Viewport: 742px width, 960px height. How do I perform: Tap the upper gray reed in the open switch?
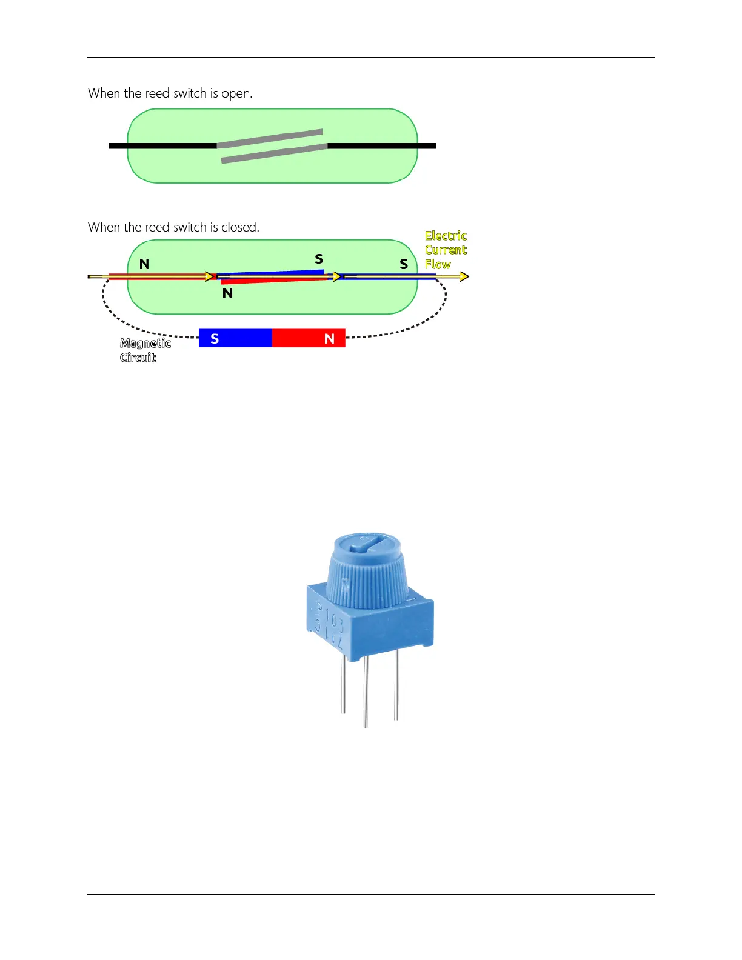(270, 138)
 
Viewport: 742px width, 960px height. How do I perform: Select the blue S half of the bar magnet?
(235, 338)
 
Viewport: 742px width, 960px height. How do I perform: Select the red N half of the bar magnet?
(309, 338)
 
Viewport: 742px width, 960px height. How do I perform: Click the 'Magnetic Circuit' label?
(145, 350)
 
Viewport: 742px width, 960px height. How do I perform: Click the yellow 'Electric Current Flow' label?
(446, 250)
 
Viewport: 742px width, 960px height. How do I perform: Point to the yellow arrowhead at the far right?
(464, 277)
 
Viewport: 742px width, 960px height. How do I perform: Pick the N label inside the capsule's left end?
(144, 264)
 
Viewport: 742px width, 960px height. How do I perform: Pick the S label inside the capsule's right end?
(404, 264)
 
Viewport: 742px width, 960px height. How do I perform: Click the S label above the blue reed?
(319, 259)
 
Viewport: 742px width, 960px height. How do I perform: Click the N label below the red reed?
(228, 293)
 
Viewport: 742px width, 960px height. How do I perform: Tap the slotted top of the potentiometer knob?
(367, 543)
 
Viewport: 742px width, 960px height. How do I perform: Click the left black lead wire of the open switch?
(162, 146)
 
